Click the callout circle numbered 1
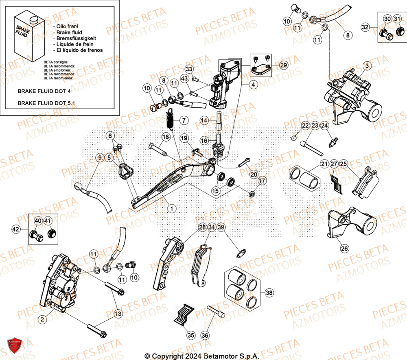click(172, 208)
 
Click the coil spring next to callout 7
click(171, 118)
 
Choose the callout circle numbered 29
click(283, 65)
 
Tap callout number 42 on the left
click(16, 230)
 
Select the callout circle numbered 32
click(365, 27)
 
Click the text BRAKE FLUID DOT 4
click(44, 92)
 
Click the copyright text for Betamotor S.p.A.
click(202, 356)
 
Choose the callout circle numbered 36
click(205, 335)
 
